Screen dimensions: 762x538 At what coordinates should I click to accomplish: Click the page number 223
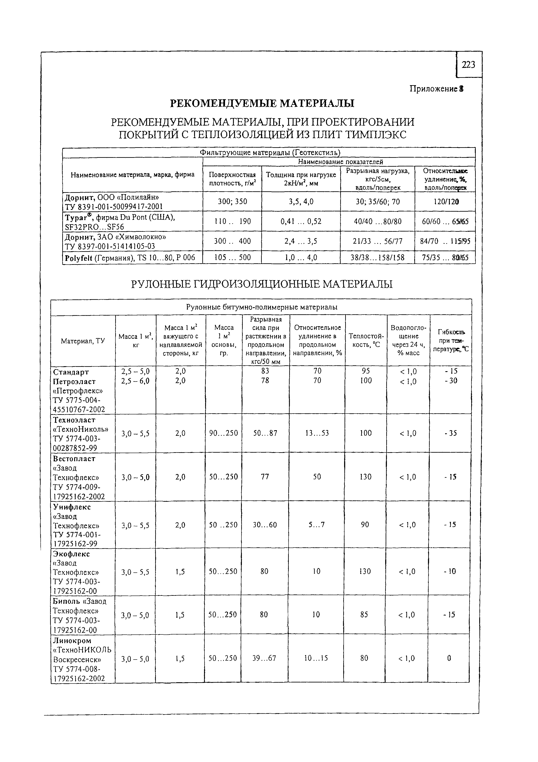pos(468,65)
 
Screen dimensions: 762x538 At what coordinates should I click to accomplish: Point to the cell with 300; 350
pos(232,201)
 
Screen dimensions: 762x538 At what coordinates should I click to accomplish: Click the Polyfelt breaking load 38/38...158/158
pos(377,257)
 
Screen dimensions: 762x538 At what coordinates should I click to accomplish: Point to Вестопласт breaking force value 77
pos(265,477)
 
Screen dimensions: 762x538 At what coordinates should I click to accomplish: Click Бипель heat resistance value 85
pos(364,615)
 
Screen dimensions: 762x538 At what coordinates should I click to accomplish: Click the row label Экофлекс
pos(71,554)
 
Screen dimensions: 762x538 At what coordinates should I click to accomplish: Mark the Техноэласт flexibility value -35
pos(450,433)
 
